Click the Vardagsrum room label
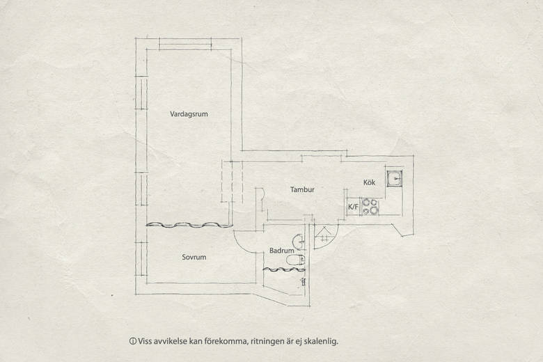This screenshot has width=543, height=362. pos(189,114)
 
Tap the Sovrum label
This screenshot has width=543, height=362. pos(194,257)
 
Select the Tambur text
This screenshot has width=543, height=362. pos(302,189)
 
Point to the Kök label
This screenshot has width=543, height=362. pos(369,182)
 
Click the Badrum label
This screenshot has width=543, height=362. pos(281,251)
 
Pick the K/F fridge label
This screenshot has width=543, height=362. pos(353,207)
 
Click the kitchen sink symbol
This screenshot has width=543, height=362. pos(395,179)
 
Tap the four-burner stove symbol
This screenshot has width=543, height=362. pos(370,206)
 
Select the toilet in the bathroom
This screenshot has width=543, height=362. pos(295,259)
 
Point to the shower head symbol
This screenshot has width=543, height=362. pos(304,281)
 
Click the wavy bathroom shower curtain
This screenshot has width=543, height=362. pos(283,269)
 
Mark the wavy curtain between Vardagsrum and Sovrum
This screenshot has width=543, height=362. pos(189,225)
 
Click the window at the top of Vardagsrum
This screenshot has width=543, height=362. pos(185,44)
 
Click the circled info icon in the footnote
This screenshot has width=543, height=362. pos(132,341)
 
